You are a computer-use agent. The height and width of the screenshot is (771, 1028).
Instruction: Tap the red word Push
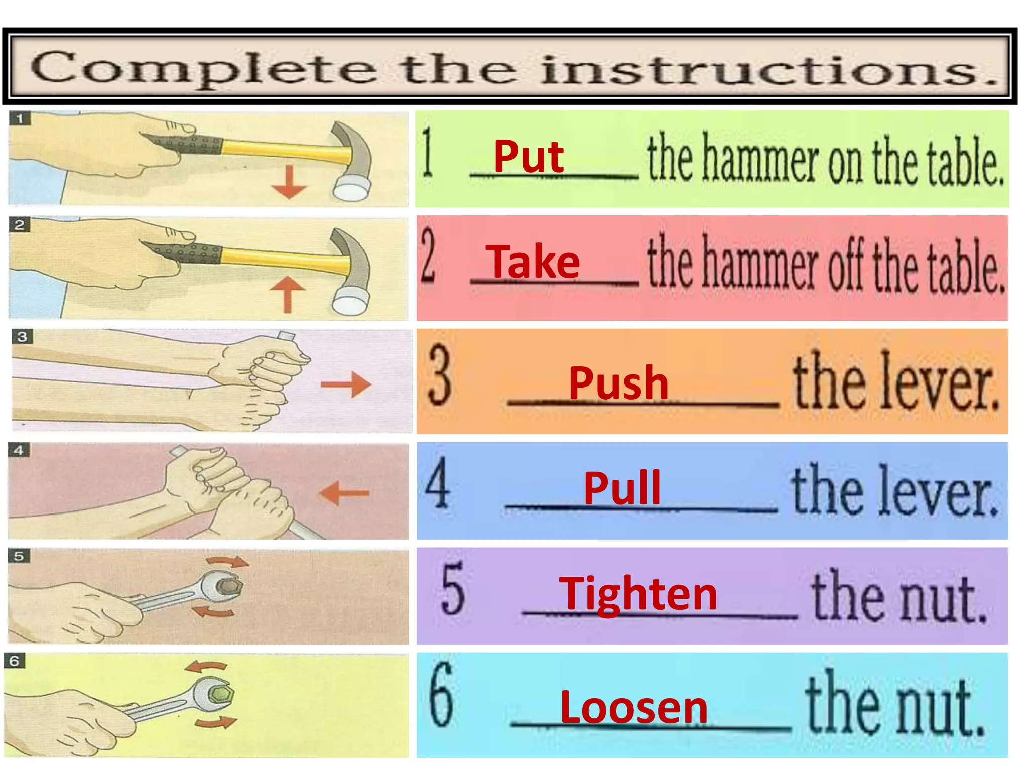618,382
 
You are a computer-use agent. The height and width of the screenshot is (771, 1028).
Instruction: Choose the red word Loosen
633,707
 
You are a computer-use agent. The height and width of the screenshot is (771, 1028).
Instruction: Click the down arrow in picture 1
289,182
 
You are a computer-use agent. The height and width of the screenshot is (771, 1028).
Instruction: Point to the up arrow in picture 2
287,294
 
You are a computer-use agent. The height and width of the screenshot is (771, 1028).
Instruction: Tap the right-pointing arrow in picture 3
346,385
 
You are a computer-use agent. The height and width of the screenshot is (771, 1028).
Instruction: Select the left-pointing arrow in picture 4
344,493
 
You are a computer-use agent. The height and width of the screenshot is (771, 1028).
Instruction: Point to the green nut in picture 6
220,695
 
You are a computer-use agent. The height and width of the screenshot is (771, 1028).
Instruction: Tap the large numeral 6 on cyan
441,695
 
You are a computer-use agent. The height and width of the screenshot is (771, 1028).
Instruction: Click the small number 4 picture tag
19,450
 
